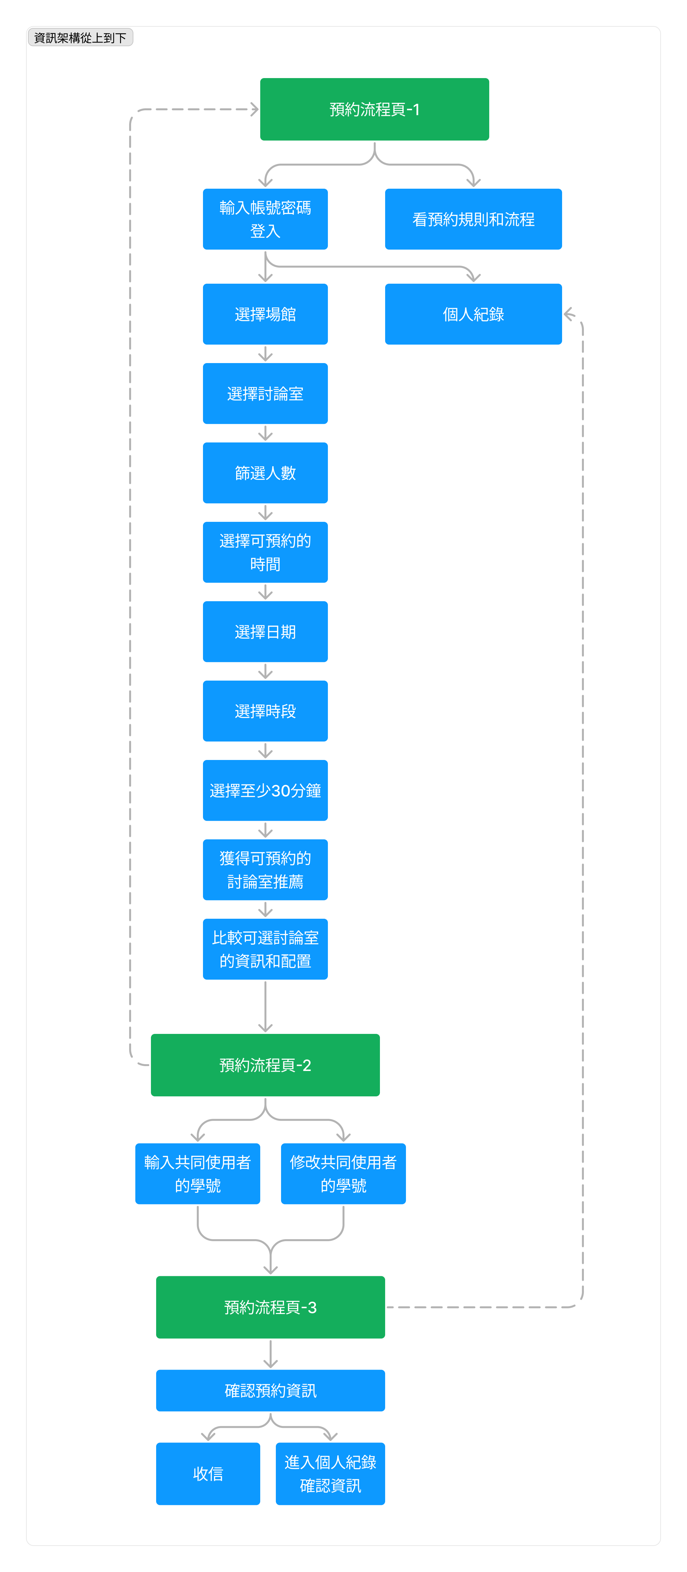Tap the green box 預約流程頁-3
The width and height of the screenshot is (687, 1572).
(270, 1307)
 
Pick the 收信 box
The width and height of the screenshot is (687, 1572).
(208, 1474)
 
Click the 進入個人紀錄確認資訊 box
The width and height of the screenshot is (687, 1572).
(330, 1474)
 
